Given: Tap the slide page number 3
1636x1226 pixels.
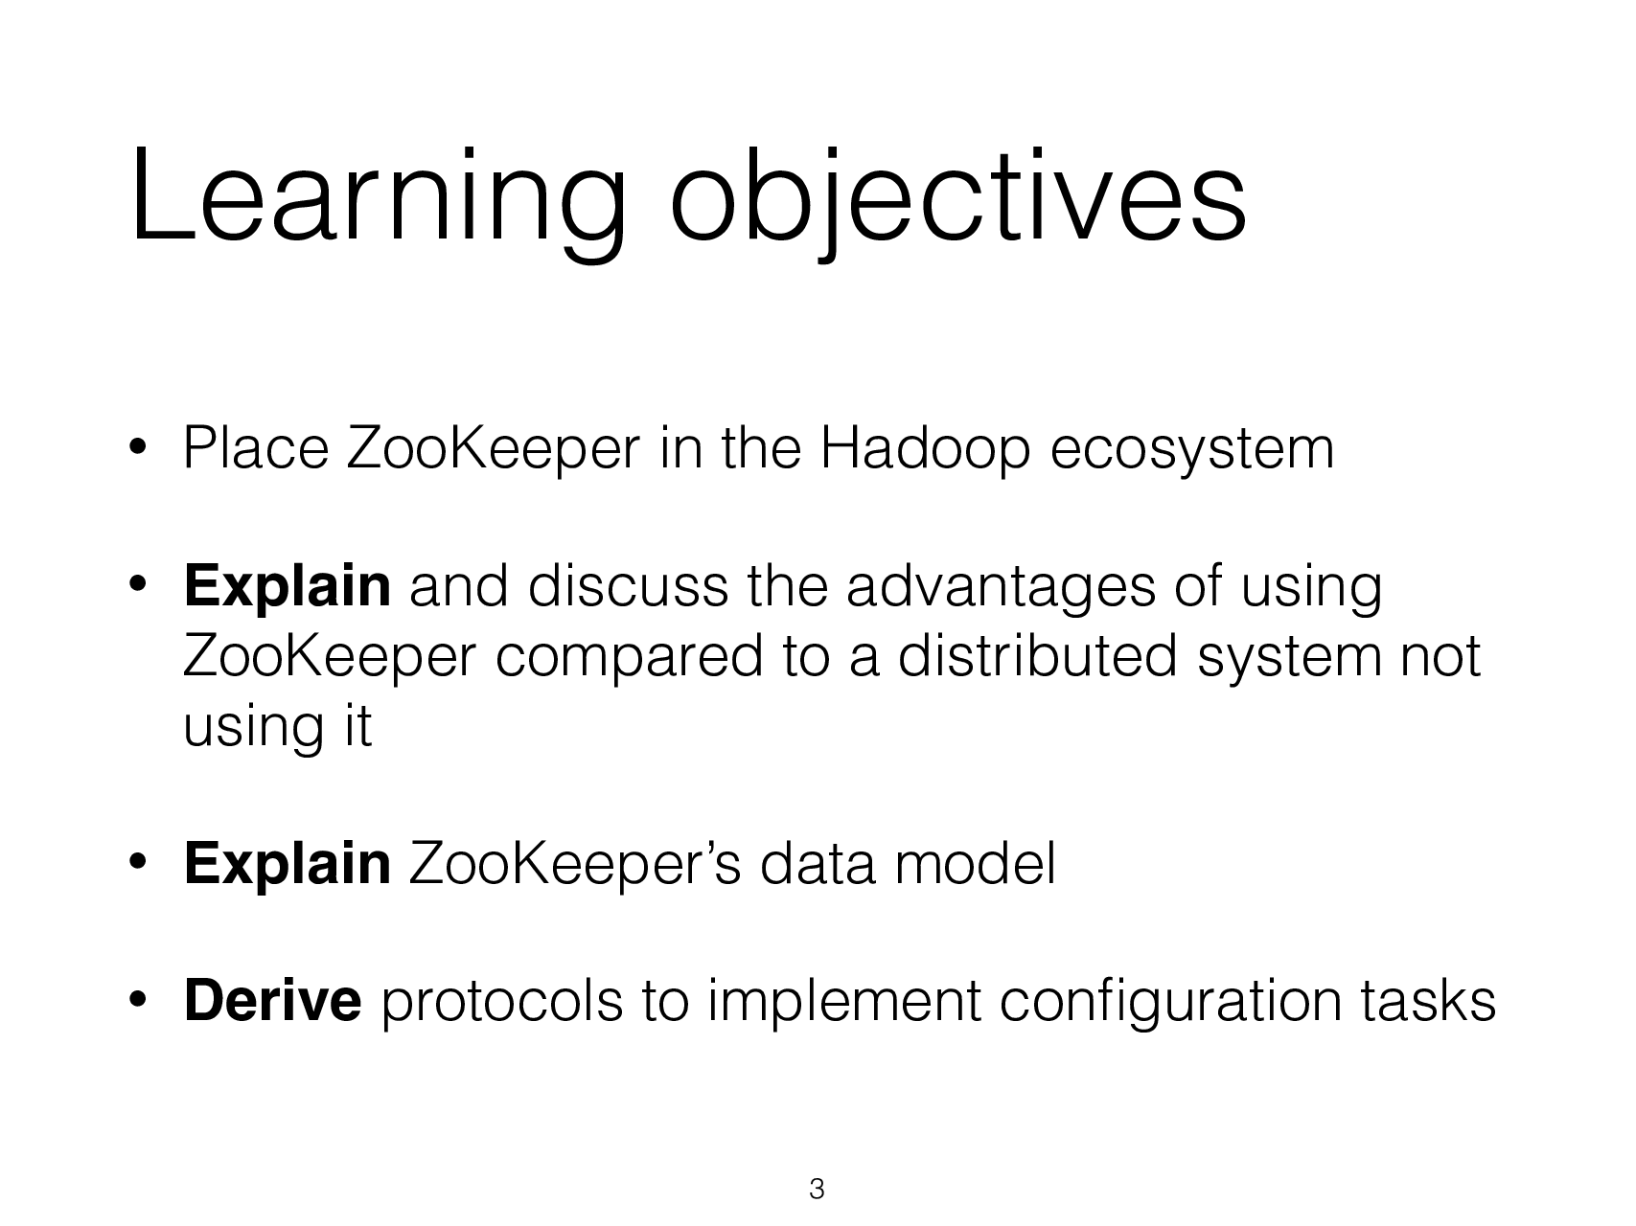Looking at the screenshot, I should click(x=817, y=1190).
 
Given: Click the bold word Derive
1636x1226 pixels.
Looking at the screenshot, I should click(x=272, y=1002).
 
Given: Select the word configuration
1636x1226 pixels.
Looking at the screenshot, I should click(x=1169, y=1002).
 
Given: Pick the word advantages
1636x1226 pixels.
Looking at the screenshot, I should click(x=1001, y=586).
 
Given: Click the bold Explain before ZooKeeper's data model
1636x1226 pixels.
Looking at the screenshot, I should click(x=286, y=864).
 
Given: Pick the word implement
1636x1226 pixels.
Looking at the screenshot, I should click(x=842, y=1002).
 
